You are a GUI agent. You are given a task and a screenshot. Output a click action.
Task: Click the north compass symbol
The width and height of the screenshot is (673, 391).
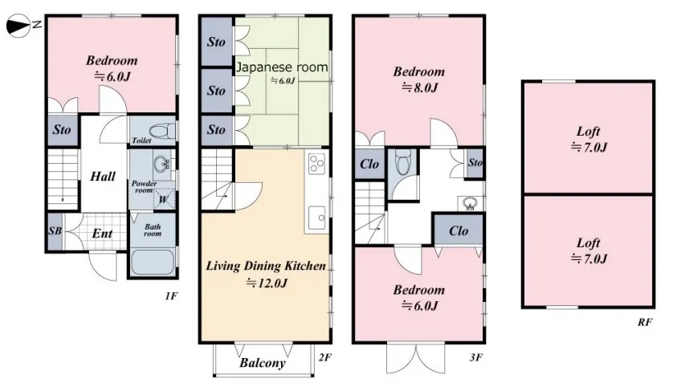pos(19,26)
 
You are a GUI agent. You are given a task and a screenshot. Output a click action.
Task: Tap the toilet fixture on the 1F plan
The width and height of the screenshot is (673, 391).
pos(162,131)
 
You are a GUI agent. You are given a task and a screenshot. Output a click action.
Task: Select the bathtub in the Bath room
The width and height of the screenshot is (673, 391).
pos(153,262)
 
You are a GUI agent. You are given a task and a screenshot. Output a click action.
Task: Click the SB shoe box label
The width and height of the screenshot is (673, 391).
pos(55,231)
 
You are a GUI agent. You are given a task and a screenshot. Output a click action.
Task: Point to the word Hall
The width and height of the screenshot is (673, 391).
pos(103,177)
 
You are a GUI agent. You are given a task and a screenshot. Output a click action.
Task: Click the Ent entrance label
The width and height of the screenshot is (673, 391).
pos(102,234)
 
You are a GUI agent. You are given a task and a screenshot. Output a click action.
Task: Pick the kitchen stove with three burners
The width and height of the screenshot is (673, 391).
pos(316,164)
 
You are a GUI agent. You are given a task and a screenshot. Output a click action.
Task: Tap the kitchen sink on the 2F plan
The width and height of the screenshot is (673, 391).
pos(316,217)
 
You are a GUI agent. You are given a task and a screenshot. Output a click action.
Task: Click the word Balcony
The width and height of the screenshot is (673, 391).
pos(263,363)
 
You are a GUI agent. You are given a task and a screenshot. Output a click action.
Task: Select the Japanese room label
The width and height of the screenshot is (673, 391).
pos(283,67)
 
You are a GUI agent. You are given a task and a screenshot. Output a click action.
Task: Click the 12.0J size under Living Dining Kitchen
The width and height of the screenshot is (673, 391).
pos(267,283)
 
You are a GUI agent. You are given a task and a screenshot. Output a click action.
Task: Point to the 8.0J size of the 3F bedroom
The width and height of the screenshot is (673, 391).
pos(419,88)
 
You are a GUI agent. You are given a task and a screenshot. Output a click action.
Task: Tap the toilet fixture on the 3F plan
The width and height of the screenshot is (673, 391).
pos(403,162)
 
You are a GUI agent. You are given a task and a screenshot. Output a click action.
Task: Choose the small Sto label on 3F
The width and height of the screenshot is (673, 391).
pos(475,162)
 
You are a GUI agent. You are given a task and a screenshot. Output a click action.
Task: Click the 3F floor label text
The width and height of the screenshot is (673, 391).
pos(476,357)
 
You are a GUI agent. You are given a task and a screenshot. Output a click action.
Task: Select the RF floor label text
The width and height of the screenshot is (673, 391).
pos(645,322)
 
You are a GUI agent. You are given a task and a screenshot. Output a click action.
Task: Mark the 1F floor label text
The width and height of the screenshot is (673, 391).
pos(171,295)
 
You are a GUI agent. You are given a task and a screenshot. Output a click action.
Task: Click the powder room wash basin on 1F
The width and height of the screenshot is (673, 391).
pos(161,164)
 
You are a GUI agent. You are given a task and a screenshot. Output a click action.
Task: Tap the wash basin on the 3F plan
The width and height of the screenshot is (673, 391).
pos(470,203)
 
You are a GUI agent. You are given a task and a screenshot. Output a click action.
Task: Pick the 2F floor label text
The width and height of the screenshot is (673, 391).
pos(325,357)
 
